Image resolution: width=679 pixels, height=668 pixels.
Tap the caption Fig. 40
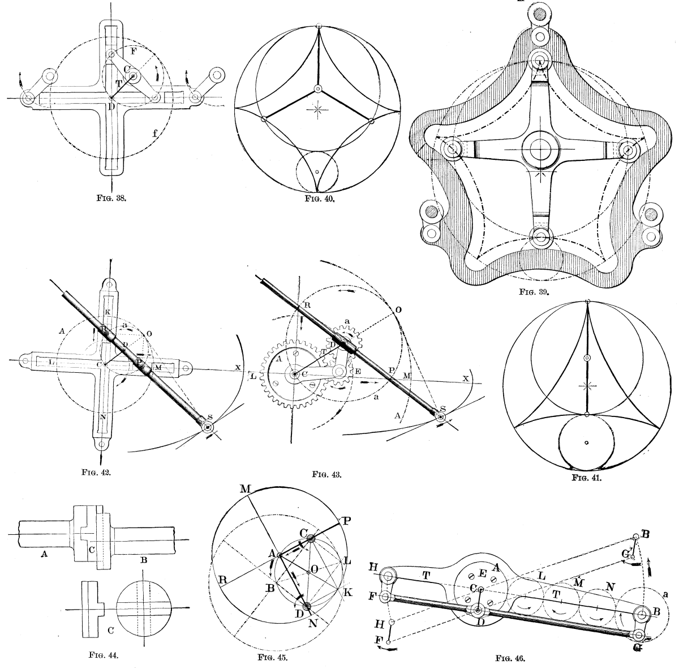tap(317, 199)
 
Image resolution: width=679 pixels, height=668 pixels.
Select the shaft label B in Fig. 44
tap(144, 560)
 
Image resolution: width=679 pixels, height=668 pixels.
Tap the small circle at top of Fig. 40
tap(320, 25)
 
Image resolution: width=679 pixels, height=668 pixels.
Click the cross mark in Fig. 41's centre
tap(587, 386)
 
